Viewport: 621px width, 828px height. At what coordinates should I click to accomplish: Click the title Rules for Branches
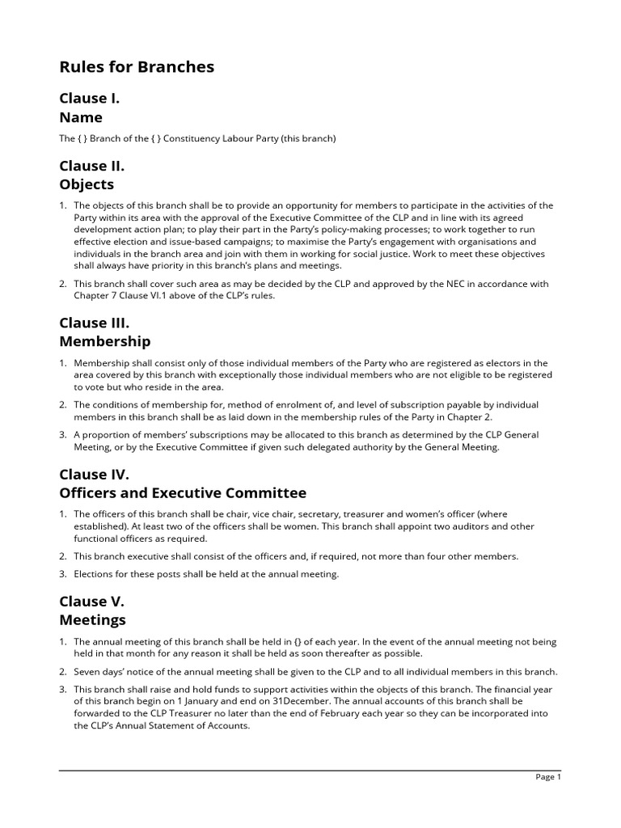(x=137, y=67)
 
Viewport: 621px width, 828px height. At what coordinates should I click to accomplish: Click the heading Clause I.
(x=90, y=99)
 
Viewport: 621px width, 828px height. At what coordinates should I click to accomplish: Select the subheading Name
(x=81, y=117)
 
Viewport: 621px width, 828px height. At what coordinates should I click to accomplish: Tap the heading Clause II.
(x=91, y=166)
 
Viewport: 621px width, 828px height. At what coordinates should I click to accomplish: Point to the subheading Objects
(x=87, y=184)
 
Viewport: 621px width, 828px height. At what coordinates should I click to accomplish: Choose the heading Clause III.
(x=94, y=323)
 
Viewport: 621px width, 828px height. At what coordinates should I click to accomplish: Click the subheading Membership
(x=104, y=341)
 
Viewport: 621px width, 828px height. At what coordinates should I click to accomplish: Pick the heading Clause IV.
(x=94, y=474)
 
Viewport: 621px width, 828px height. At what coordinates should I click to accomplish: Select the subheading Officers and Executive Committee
(x=183, y=492)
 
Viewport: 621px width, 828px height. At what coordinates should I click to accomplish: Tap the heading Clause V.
(x=91, y=602)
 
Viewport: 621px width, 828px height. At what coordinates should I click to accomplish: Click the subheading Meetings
(x=92, y=620)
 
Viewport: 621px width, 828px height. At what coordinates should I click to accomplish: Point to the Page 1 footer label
(x=547, y=777)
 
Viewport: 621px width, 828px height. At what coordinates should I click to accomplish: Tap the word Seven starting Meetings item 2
(x=88, y=672)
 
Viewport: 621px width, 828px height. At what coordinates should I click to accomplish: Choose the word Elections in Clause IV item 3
(x=95, y=574)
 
